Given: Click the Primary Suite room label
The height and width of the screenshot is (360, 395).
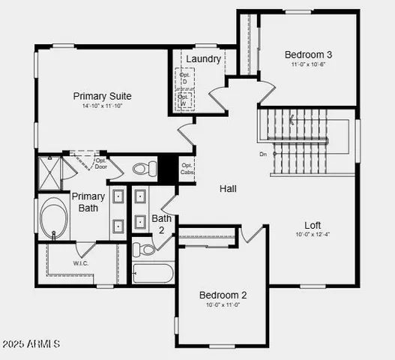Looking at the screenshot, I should point(103,96).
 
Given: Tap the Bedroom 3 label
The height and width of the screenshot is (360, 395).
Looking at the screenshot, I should point(308,54).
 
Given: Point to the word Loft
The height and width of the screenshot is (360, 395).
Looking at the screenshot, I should point(313,225).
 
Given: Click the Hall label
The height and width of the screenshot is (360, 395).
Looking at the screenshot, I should point(228,188).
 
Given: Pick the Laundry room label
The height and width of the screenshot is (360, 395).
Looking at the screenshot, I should point(203,58).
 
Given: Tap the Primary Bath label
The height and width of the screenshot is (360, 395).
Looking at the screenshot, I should point(88,202).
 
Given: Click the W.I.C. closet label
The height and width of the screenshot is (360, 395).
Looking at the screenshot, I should point(82,263).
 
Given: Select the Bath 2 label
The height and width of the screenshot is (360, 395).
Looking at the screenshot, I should point(162,223).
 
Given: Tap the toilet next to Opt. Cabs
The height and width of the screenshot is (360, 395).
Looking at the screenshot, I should point(142,168).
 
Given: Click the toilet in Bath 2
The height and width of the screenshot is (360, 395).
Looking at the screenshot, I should point(142,248).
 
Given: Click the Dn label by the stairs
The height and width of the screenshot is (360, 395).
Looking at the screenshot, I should point(263,154).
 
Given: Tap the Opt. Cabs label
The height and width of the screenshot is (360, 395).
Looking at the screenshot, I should point(187,168).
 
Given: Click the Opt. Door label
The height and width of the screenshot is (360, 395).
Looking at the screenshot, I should point(101,163).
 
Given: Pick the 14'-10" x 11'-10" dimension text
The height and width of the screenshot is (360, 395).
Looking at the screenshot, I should point(103,106).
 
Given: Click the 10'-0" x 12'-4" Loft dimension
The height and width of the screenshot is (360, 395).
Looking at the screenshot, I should point(313,235).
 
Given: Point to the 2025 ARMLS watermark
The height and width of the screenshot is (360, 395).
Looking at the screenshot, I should point(31,344).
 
